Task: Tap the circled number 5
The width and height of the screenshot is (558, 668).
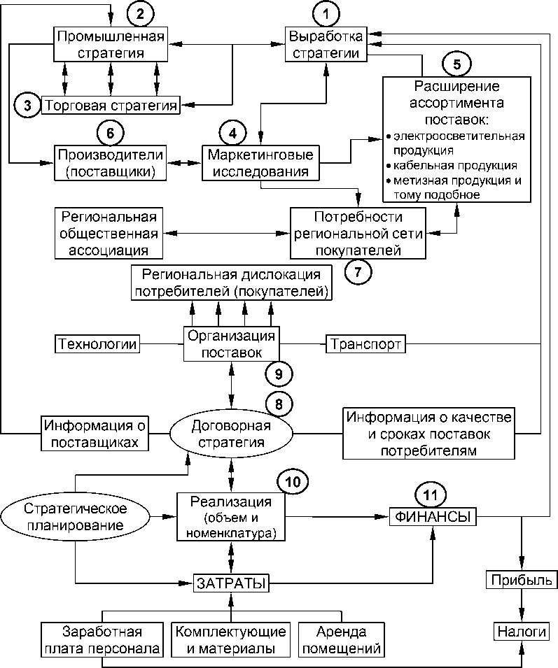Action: coord(456,64)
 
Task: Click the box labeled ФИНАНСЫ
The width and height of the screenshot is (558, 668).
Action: coord(432,518)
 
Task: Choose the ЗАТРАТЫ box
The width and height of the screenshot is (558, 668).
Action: coord(231,582)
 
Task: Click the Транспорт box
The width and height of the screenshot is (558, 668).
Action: coord(365,345)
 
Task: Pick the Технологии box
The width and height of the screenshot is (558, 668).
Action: coord(97,344)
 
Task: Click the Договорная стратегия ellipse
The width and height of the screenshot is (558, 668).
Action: coord(230,434)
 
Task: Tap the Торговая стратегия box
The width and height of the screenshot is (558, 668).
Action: coord(110,106)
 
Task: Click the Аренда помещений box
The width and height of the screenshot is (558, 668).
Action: coord(342,641)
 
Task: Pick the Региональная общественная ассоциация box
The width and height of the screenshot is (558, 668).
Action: coord(107,232)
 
